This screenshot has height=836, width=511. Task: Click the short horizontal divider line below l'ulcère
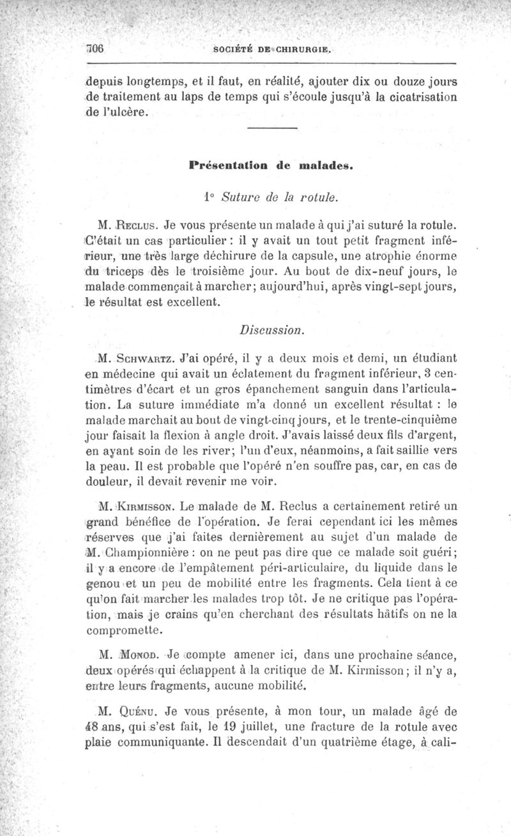[271, 130]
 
